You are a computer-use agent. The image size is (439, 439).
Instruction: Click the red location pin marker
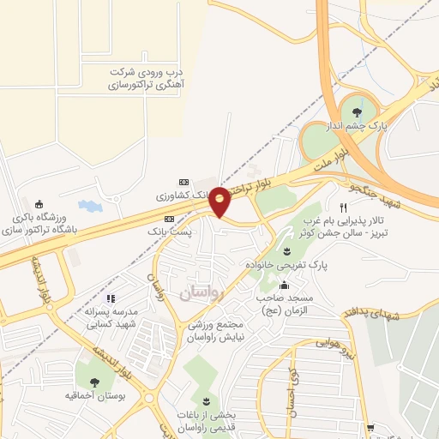pos(219,201)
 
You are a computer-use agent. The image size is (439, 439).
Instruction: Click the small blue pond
pos(88,206)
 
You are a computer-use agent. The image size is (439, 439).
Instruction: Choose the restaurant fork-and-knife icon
pos(344,207)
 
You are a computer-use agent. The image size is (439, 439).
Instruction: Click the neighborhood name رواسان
pos(201,292)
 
